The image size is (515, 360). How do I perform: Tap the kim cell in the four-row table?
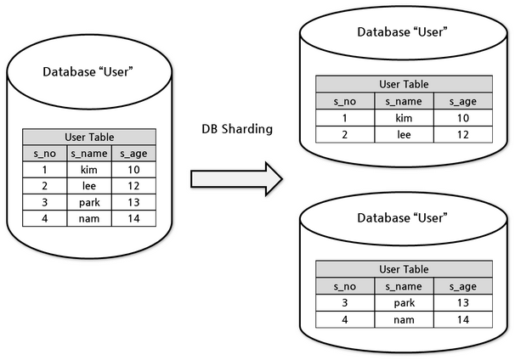[x=89, y=170]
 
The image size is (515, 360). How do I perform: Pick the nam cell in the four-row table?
[x=89, y=218]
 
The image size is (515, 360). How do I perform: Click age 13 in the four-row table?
[x=133, y=202]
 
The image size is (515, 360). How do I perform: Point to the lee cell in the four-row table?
[x=89, y=186]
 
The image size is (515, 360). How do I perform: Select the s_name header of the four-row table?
[x=89, y=154]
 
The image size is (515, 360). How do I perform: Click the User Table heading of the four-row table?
[x=89, y=138]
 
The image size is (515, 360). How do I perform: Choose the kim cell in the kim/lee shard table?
[x=404, y=118]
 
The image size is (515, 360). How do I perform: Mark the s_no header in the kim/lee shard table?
[x=345, y=101]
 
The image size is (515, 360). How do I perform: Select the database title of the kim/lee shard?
[x=402, y=32]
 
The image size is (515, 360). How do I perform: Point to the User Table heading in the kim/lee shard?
[x=404, y=84]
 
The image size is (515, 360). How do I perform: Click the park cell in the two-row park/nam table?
[x=404, y=303]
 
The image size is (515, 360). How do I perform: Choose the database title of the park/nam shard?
[x=402, y=218]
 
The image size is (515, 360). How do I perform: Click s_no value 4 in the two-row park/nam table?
[x=345, y=319]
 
